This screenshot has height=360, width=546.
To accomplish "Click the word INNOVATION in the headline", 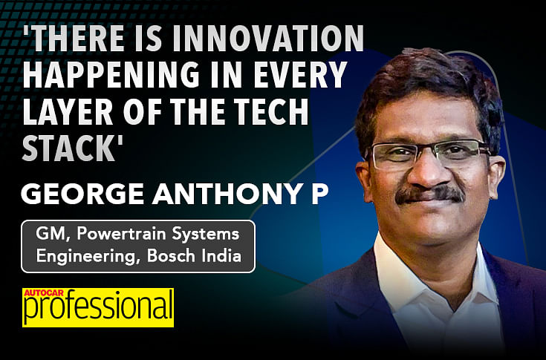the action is [268, 38].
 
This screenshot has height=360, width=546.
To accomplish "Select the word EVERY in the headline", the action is [300, 74].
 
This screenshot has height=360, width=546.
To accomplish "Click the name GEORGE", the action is [82, 194].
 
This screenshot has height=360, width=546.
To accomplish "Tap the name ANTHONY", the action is [228, 194].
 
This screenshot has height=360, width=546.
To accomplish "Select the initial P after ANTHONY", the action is [319, 194].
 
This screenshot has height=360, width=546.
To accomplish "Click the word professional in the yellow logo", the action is [98, 308].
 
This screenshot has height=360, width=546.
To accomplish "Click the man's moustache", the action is [430, 194].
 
